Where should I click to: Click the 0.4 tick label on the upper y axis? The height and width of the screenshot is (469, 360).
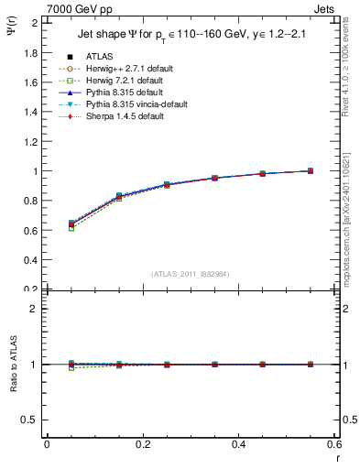click(31, 260)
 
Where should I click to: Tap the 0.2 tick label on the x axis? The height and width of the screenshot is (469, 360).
click(142, 445)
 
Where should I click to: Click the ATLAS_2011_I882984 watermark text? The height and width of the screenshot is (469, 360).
click(190, 274)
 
